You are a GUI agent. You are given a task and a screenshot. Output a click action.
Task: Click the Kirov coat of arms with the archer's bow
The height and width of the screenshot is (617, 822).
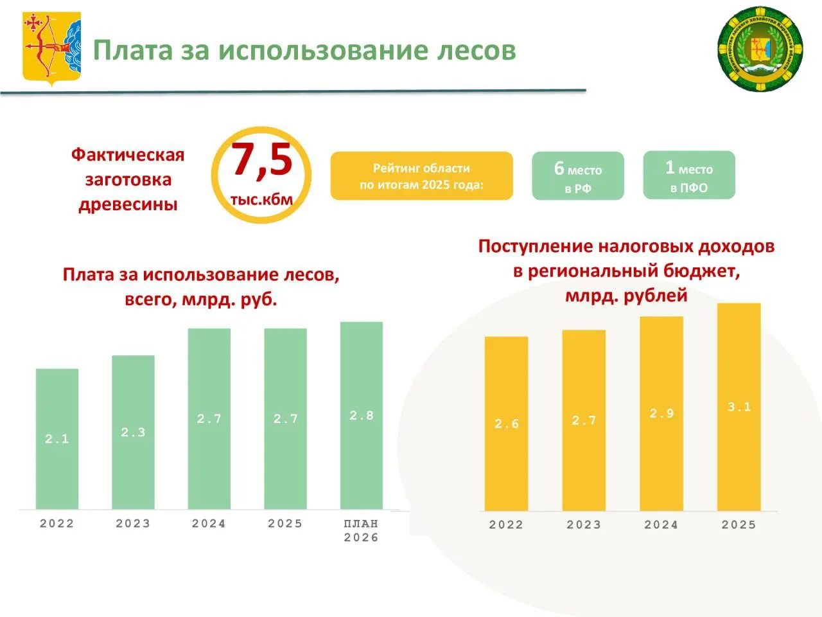click(x=52, y=49)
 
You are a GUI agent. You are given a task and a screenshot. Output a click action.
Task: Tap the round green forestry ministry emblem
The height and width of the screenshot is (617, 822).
click(x=760, y=49)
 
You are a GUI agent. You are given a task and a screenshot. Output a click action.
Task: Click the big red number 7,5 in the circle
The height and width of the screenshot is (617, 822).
click(x=262, y=160)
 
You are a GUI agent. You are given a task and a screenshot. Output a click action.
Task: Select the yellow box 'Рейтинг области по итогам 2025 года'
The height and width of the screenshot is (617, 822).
click(x=421, y=176)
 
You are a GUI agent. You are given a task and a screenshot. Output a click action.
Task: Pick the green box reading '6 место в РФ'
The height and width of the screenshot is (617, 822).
click(x=578, y=176)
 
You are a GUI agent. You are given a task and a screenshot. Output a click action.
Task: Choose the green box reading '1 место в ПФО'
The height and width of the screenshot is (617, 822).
click(x=688, y=175)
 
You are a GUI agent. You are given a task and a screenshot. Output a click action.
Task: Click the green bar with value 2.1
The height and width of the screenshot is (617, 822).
click(x=57, y=440)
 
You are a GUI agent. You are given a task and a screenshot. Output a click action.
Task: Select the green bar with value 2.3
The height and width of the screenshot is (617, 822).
click(x=133, y=433)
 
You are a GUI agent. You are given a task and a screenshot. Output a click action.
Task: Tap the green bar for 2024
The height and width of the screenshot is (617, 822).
click(x=209, y=419)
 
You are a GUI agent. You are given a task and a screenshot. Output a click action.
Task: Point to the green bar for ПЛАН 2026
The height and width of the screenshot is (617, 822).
click(x=362, y=416)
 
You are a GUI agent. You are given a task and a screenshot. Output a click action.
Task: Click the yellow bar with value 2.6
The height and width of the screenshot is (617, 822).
click(x=506, y=424)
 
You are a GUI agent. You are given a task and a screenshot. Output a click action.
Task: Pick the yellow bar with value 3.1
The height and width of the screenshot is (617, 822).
click(x=739, y=407)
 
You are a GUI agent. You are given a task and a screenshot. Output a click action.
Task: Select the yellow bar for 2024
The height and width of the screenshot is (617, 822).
click(x=661, y=413)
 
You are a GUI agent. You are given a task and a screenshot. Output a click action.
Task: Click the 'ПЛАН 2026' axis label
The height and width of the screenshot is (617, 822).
click(x=361, y=531)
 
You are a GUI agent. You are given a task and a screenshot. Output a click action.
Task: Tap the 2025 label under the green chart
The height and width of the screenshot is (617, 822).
click(x=285, y=524)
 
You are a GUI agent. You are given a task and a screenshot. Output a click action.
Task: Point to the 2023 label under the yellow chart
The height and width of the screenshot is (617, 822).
click(x=584, y=525)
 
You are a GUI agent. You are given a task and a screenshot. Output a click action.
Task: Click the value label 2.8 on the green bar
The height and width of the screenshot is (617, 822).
click(x=362, y=416)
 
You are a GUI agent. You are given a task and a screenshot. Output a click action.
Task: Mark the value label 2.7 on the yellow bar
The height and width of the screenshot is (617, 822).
click(x=584, y=421)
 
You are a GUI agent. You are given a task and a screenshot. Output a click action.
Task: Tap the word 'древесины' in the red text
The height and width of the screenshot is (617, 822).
click(x=128, y=205)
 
